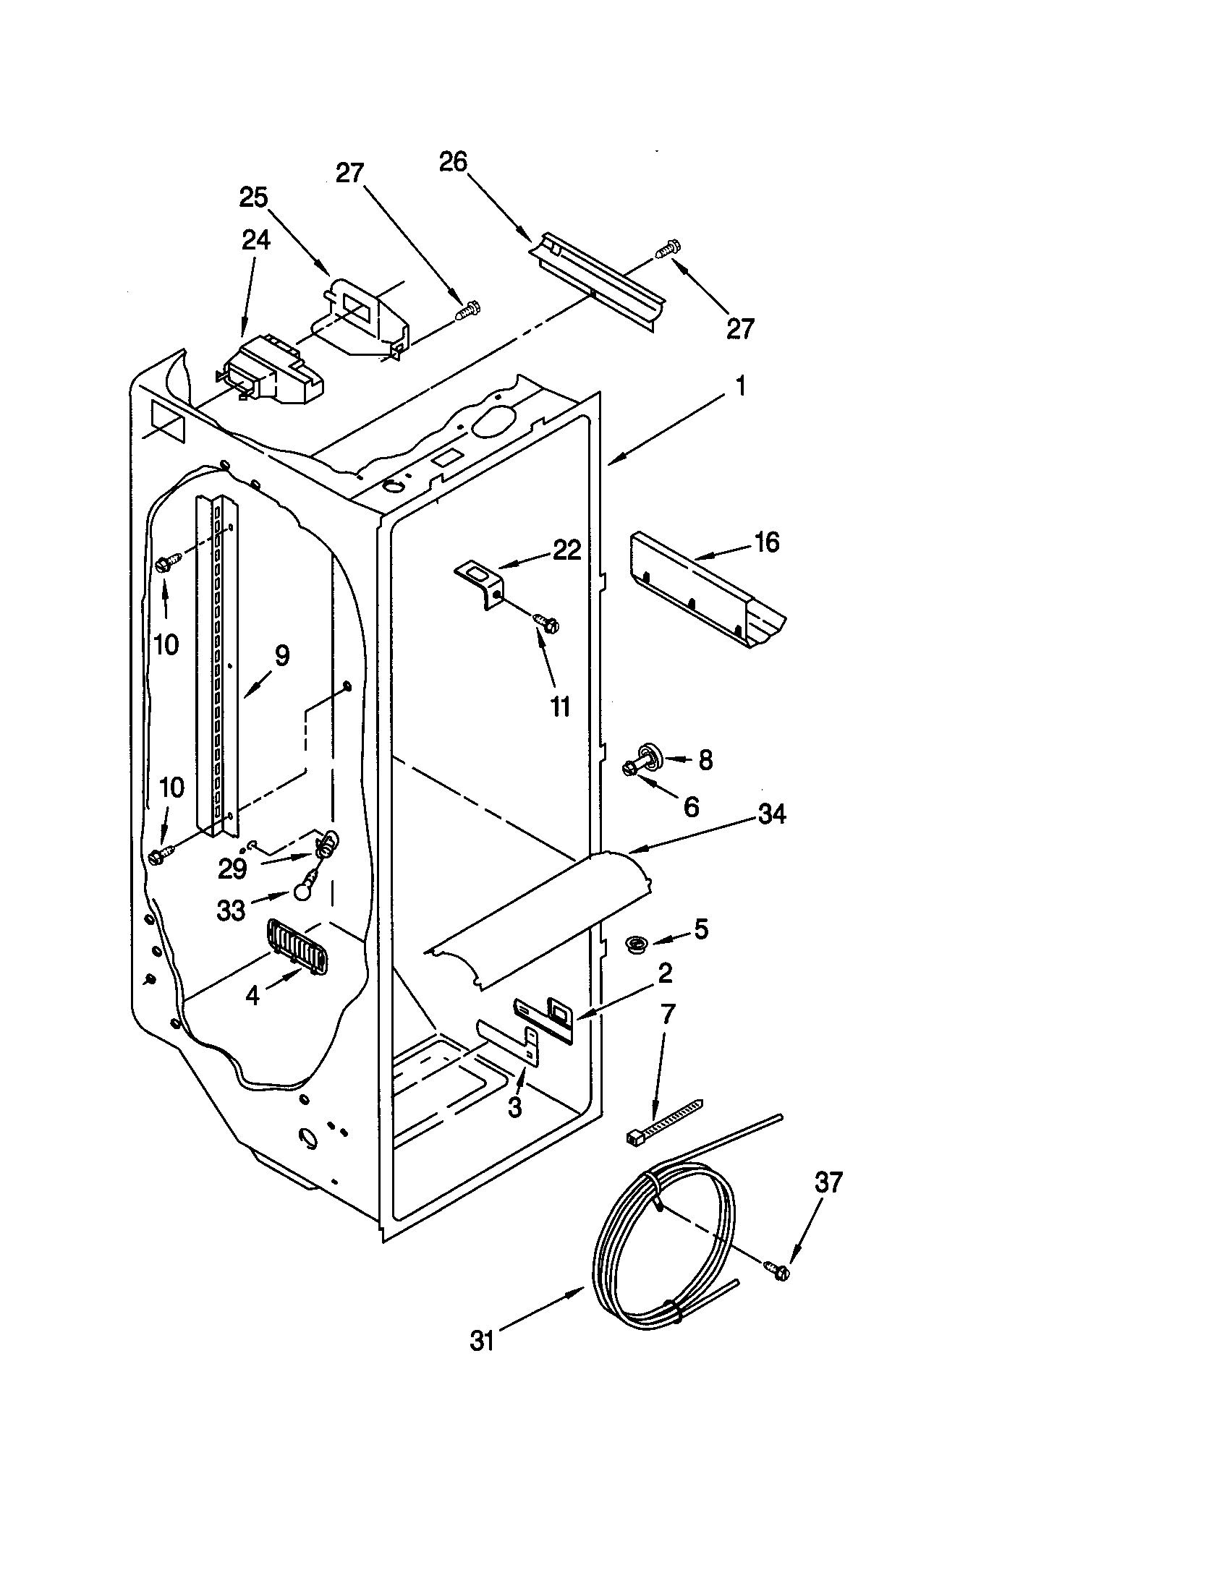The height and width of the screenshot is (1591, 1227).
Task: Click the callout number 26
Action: tap(452, 162)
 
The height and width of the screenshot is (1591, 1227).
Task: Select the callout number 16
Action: tap(766, 542)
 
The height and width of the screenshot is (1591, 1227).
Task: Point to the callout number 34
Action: tap(772, 814)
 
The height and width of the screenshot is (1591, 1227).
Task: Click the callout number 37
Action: tap(828, 1182)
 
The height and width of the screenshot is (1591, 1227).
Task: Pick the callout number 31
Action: tap(483, 1341)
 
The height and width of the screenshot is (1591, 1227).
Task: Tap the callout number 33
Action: tap(232, 910)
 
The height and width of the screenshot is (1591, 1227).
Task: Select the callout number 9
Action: tap(281, 656)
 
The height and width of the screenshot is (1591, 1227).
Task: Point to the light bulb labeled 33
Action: tap(304, 890)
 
